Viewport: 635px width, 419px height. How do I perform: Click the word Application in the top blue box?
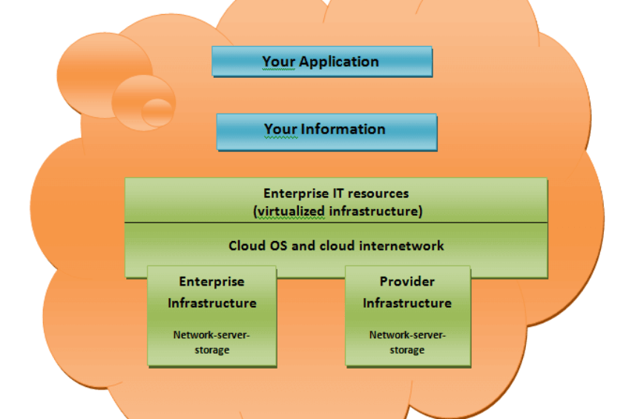click(x=339, y=62)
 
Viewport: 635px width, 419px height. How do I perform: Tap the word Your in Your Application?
click(x=279, y=62)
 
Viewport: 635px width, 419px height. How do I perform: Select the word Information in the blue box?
click(x=343, y=129)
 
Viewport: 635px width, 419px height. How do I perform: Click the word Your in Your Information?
click(x=281, y=129)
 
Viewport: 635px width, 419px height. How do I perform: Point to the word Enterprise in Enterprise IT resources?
click(x=296, y=194)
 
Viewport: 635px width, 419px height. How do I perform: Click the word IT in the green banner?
click(x=338, y=193)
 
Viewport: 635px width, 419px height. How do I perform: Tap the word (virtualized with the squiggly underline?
click(x=289, y=211)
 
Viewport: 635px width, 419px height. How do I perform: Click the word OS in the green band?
click(x=278, y=245)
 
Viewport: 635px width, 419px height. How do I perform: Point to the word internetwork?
click(x=402, y=245)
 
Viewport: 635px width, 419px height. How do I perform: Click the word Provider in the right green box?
click(x=407, y=281)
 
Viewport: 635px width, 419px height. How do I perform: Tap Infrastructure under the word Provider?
click(x=407, y=303)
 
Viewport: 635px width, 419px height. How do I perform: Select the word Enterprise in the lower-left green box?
click(x=212, y=282)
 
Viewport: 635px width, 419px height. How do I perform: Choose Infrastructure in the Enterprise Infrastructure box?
click(x=212, y=303)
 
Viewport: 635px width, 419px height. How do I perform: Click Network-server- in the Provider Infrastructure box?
click(x=407, y=335)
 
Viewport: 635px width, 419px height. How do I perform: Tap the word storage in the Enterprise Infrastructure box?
click(x=212, y=350)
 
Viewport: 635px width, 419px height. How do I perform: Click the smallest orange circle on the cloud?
click(x=157, y=112)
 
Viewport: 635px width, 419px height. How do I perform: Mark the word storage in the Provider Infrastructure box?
click(x=407, y=350)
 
